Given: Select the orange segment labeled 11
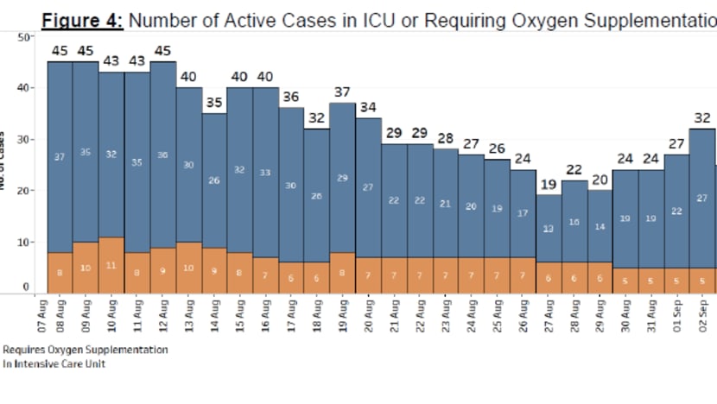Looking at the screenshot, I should click(x=111, y=265).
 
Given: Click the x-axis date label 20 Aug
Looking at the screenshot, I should click(x=369, y=319).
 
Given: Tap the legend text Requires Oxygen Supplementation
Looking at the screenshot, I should click(x=85, y=350).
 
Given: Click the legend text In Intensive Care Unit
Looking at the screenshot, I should click(x=54, y=363).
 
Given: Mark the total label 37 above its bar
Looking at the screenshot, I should click(x=343, y=92).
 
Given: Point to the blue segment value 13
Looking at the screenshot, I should click(x=549, y=229).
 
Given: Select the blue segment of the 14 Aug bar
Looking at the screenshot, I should click(x=214, y=180).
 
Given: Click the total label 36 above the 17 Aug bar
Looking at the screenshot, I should click(x=291, y=97).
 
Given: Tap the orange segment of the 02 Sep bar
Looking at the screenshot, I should click(x=701, y=281).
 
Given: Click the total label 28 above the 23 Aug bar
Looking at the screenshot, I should click(x=446, y=138).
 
